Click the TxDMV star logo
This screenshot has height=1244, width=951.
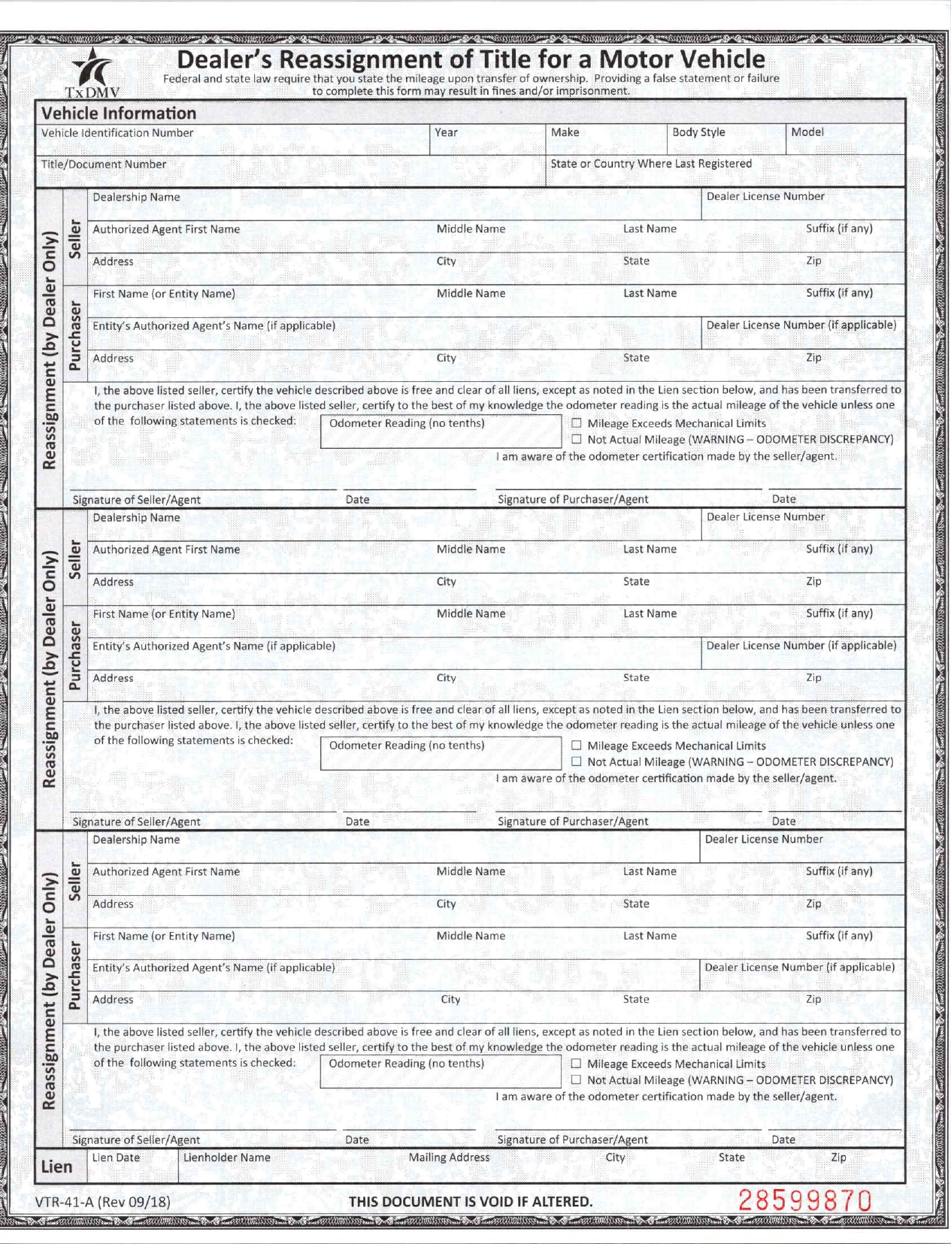(94, 71)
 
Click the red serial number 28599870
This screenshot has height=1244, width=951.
(805, 1200)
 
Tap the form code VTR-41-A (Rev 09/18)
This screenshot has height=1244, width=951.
(103, 1201)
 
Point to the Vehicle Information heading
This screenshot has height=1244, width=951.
(119, 114)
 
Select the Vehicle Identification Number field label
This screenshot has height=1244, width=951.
(117, 133)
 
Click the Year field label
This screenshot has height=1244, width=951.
(446, 132)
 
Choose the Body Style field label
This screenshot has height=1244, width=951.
(698, 132)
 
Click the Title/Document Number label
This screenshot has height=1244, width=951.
(104, 165)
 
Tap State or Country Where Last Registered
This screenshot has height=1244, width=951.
(651, 164)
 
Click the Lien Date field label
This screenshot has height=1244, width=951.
(116, 1158)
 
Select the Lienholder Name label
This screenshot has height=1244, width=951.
(226, 1158)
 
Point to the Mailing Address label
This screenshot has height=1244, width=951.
(449, 1158)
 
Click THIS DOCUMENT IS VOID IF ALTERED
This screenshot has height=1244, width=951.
(471, 1201)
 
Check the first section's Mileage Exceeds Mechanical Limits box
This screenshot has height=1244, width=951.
(577, 423)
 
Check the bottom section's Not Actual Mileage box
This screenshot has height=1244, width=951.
(577, 1080)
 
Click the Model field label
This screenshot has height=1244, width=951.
(807, 132)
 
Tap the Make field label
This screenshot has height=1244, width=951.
(565, 132)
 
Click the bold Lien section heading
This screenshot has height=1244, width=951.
(57, 1167)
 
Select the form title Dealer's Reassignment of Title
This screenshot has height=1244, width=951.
(471, 59)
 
